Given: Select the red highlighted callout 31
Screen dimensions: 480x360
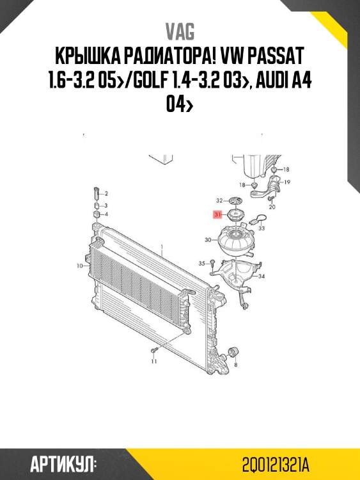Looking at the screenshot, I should [217, 215].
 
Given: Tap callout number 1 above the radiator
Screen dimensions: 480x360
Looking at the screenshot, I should [162, 246].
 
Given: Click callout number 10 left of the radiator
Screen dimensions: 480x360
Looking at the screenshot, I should [80, 265].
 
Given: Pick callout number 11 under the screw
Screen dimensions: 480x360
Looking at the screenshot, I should [153, 362].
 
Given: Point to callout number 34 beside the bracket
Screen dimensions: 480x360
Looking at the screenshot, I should [261, 276].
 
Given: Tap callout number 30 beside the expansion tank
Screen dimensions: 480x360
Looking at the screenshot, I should [207, 241].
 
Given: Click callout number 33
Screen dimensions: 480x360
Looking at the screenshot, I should [262, 228].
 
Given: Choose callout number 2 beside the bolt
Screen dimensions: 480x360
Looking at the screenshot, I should [106, 193].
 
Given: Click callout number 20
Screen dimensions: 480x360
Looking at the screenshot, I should [272, 207].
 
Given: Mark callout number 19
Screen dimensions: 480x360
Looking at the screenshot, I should [288, 182].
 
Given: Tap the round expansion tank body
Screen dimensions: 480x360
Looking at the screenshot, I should [233, 242].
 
